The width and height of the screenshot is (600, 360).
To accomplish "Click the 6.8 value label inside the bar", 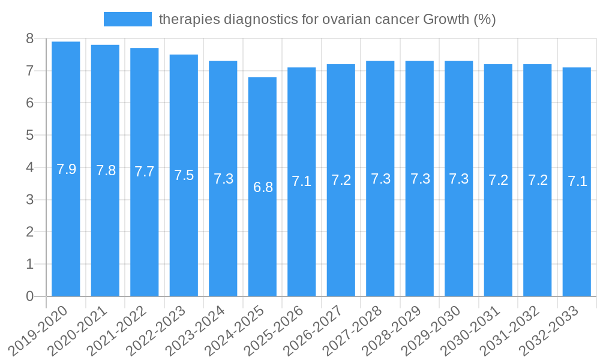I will [x=263, y=187].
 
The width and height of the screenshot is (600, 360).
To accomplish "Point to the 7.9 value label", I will [x=66, y=169].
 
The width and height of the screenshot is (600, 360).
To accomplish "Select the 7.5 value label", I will [x=184, y=175].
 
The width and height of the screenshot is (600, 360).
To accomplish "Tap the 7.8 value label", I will [x=106, y=170].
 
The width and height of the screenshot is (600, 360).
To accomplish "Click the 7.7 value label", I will [x=145, y=172].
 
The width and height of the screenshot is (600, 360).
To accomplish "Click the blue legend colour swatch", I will [x=127, y=19].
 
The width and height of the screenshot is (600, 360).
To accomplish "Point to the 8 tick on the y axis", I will [x=29, y=39].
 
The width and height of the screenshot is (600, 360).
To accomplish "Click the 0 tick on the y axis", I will [x=29, y=296].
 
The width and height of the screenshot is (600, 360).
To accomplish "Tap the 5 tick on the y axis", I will [x=29, y=136].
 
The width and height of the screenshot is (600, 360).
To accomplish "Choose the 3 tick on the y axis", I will [x=29, y=200].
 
